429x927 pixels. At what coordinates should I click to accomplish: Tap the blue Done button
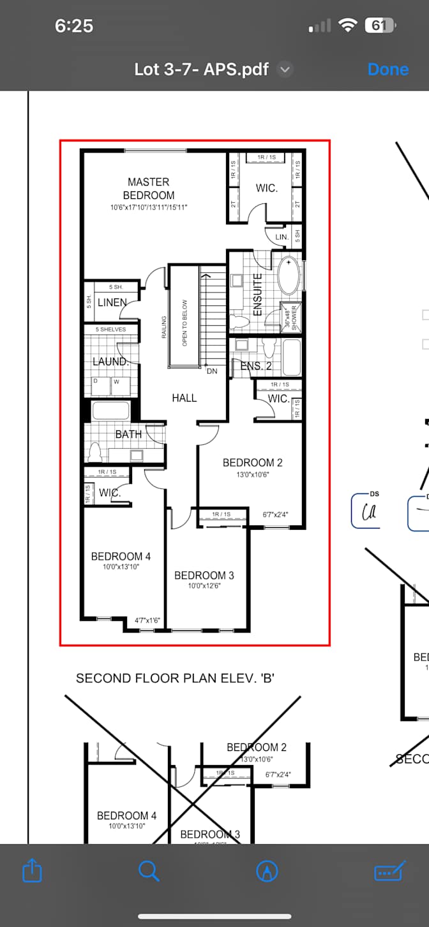point(388,69)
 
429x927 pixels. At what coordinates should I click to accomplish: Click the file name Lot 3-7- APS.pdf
point(201,69)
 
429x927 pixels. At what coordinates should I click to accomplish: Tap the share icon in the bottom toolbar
point(32,871)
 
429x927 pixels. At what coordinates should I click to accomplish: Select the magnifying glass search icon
point(149,870)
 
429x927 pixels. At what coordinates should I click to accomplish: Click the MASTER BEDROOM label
point(148,189)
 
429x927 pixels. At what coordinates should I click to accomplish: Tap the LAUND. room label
point(110,361)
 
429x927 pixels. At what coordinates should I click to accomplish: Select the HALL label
point(184,398)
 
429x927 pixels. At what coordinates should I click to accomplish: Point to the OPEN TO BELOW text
point(185,323)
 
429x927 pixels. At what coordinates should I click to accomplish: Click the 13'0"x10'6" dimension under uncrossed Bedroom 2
point(252,474)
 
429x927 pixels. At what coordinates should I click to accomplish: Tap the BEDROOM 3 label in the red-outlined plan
point(204,575)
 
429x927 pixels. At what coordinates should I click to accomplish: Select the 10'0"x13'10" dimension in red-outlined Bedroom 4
point(121,567)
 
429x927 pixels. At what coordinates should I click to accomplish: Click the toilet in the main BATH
point(95,452)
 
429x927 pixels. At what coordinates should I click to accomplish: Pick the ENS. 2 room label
point(256,366)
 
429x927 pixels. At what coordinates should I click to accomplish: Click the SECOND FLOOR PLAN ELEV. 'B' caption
point(175,678)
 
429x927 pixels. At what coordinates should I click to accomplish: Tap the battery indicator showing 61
point(380,26)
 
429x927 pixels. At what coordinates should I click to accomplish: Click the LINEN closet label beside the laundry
point(112,302)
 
